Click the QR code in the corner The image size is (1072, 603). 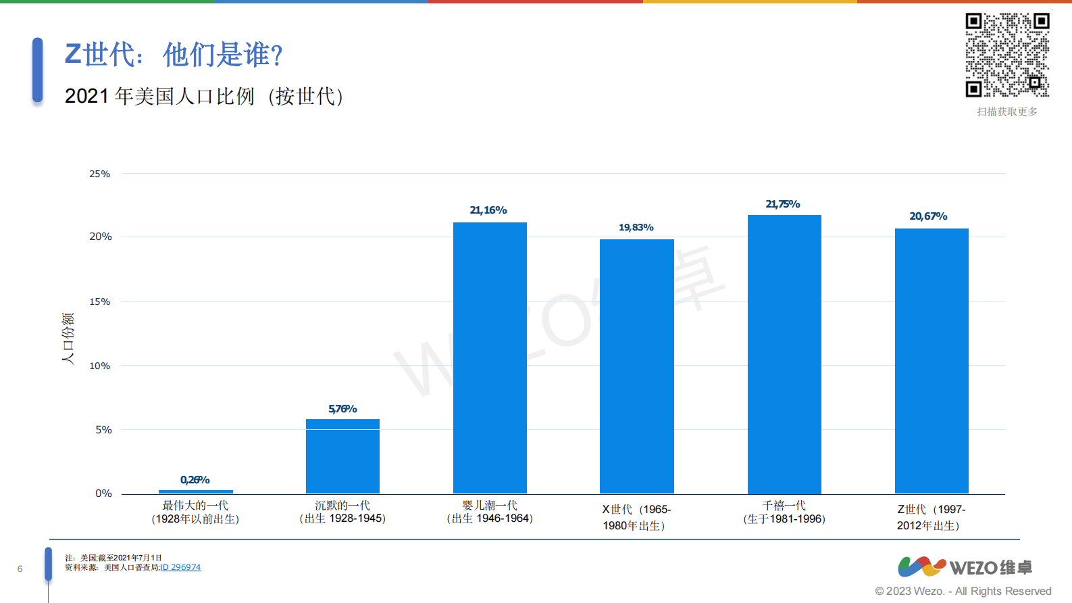[1006, 55]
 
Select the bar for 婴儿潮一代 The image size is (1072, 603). [490, 358]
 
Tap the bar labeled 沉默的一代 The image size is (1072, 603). [342, 456]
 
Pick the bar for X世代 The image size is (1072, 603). [636, 366]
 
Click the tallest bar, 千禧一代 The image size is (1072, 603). [784, 354]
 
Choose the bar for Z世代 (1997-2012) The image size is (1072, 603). [931, 361]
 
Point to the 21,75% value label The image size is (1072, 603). [783, 204]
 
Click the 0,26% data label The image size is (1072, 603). [195, 480]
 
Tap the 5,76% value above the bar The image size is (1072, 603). [342, 409]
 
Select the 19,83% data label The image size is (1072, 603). [636, 227]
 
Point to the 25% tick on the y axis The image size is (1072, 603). [100, 174]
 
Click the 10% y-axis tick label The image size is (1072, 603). [100, 366]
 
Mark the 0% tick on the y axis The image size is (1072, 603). [103, 493]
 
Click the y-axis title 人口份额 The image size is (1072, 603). [68, 338]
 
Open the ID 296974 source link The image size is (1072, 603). [180, 567]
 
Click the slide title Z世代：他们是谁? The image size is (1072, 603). [174, 55]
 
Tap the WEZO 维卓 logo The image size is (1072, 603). [964, 566]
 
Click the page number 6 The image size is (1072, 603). [20, 569]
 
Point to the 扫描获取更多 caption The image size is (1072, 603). [1006, 112]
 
